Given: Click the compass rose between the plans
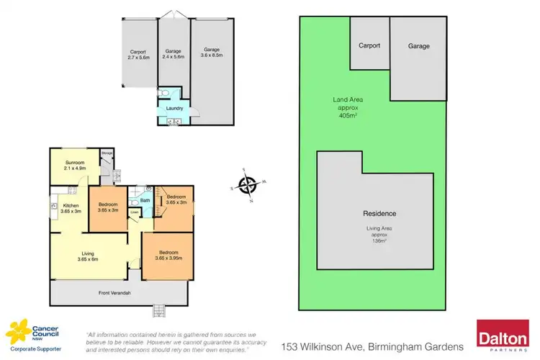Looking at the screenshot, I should (248, 186).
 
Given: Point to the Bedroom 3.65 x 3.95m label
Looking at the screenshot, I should (168, 256).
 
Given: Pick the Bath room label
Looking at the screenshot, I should (145, 200).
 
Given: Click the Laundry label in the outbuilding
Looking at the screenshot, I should (174, 109).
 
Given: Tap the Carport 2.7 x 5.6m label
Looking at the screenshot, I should (138, 54).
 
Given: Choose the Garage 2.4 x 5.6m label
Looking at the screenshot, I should (173, 54).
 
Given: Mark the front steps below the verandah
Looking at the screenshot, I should (159, 310).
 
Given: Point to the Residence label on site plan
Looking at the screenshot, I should (379, 214).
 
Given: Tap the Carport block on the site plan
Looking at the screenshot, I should (369, 45).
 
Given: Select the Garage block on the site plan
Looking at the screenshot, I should (418, 47).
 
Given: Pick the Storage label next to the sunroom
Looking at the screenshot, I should (107, 153).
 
